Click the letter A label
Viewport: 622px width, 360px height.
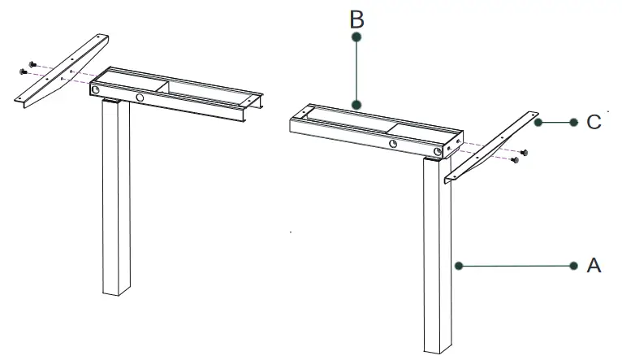pos(594,266)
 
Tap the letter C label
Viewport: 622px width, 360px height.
pos(594,123)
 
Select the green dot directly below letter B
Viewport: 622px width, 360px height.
pos(356,37)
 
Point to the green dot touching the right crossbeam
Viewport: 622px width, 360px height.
pos(356,104)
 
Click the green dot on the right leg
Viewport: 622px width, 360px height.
pos(458,265)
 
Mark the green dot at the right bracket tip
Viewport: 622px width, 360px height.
pos(538,122)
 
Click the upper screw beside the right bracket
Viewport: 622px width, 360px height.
pos(524,152)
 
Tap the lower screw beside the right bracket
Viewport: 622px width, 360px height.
pos(514,161)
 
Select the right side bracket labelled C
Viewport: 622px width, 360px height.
pos(487,150)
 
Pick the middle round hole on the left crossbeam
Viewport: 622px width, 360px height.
pos(140,98)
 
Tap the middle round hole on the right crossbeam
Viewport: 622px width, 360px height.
pos(393,144)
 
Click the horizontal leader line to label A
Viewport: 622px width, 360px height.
pos(516,265)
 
